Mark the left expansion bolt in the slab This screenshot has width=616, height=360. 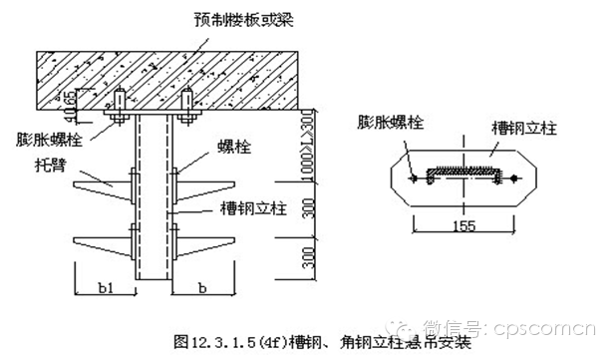[x=120, y=105]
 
